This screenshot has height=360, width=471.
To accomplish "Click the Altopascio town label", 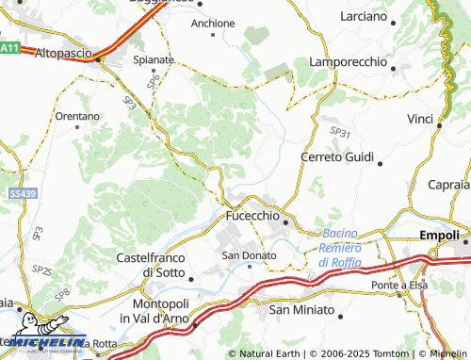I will point(65,55).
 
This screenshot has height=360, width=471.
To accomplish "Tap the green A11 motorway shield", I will point(10,47).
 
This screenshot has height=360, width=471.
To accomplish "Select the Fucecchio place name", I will point(252,217).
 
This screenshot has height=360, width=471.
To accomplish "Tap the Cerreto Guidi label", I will point(337,156).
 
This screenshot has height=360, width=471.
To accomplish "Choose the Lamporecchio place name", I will point(349,61).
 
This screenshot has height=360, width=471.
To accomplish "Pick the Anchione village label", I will point(212,24).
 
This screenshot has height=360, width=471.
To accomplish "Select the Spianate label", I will point(154,59).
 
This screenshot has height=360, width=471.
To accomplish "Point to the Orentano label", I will point(77,117).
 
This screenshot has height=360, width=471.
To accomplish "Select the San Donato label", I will point(249,255).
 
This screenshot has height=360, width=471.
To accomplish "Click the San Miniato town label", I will point(301,309).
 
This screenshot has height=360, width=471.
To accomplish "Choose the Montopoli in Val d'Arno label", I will point(157,314).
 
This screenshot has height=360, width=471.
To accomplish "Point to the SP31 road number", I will point(340,134).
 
